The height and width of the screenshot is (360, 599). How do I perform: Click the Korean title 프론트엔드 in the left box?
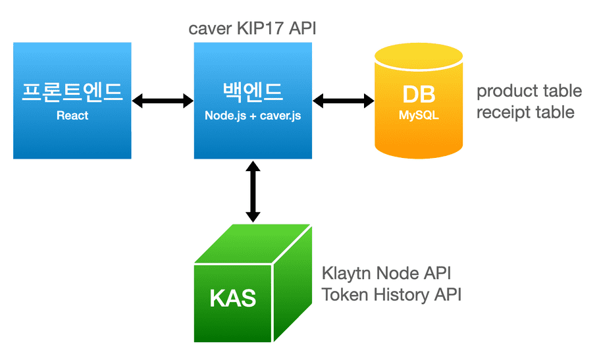72,91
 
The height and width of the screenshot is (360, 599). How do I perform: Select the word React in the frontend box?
72,115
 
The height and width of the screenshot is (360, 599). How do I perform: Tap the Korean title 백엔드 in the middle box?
253,91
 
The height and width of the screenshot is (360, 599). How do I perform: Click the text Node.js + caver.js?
253,115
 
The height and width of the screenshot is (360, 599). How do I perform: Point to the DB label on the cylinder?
419,94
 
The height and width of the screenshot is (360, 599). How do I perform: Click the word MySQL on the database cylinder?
419,115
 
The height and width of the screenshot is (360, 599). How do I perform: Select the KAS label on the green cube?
232,298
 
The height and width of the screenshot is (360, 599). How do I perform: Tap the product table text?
529,91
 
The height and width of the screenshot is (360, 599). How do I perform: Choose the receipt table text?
525,113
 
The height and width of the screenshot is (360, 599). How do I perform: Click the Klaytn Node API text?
386,272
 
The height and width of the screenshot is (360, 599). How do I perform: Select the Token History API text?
391,294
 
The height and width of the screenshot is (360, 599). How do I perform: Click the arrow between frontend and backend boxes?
163,101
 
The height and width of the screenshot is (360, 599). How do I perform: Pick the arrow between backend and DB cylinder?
343,101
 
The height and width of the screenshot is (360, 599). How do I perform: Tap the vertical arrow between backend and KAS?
253,192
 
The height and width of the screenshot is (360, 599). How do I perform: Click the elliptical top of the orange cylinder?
419,56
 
